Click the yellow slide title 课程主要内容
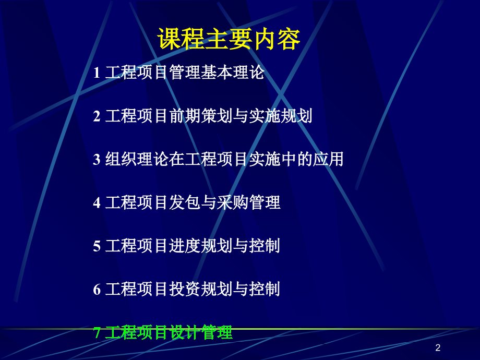point(229,40)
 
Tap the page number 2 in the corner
point(438,348)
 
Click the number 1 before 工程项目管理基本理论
point(97,73)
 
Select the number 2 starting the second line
point(97,116)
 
